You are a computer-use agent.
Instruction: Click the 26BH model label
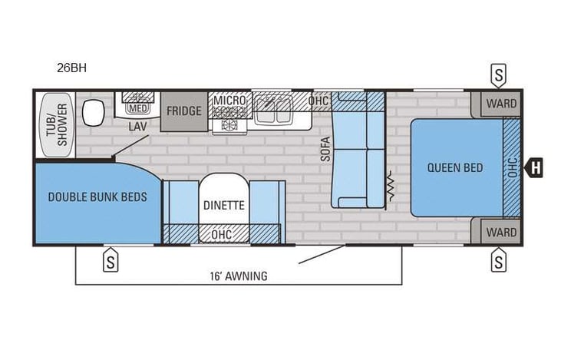pos(71,68)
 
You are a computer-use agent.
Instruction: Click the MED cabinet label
pos(138,107)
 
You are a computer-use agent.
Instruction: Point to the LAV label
pos(137,126)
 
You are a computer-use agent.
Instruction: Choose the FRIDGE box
pos(184,111)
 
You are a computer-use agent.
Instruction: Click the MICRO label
pos(229,101)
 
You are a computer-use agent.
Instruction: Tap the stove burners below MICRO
pos(229,123)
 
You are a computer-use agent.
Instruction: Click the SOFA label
pos(325,148)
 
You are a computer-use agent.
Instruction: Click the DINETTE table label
pos(223,205)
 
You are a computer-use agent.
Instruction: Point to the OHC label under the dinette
pos(222,234)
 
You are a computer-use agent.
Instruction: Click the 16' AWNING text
pos(239,276)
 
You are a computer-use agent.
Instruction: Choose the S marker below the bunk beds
pos(111,262)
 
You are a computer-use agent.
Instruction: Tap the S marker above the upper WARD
pos(499,75)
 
